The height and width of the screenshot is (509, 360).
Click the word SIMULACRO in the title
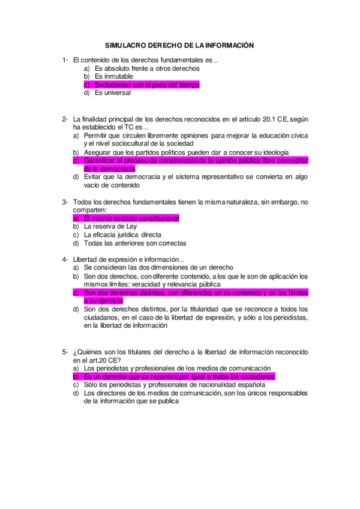point(124,45)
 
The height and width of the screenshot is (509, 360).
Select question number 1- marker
point(65,60)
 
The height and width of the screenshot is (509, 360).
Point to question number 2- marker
point(65,119)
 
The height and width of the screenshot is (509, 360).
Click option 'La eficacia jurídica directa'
point(123,235)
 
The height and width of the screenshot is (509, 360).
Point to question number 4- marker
point(65,259)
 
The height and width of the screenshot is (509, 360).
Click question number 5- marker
point(65,351)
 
